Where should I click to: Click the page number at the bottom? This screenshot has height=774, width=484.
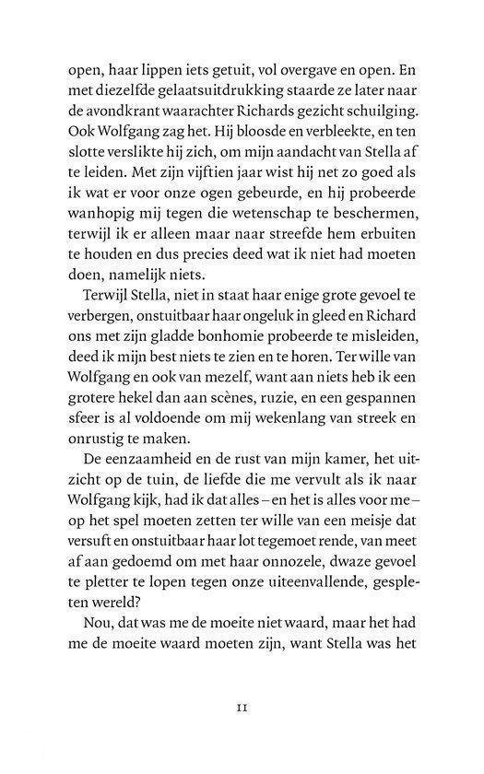click(x=243, y=734)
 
